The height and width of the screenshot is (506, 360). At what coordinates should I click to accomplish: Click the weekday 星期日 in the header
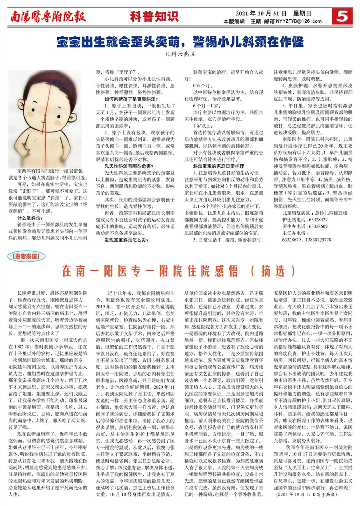(304, 13)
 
